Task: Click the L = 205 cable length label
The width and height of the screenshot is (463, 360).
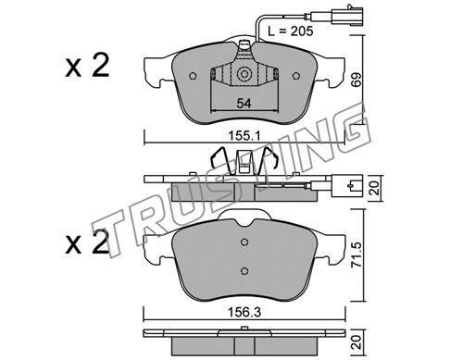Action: click(x=291, y=31)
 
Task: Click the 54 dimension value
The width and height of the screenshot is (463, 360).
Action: click(x=244, y=104)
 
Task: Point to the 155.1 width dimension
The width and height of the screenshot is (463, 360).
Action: click(x=244, y=135)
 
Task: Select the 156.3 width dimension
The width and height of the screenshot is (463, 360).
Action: click(x=244, y=313)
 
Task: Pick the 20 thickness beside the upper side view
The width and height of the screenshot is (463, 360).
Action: click(x=374, y=188)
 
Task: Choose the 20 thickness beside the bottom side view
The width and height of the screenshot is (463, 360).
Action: click(x=357, y=342)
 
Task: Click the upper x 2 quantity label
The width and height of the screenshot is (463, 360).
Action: click(x=87, y=65)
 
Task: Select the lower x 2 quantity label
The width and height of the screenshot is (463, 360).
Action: click(x=87, y=242)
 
